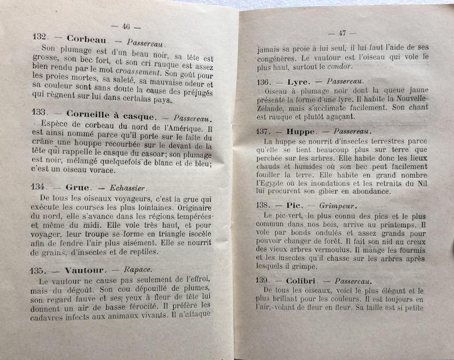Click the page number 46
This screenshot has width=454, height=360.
[127, 27]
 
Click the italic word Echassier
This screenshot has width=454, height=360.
[127, 188]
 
